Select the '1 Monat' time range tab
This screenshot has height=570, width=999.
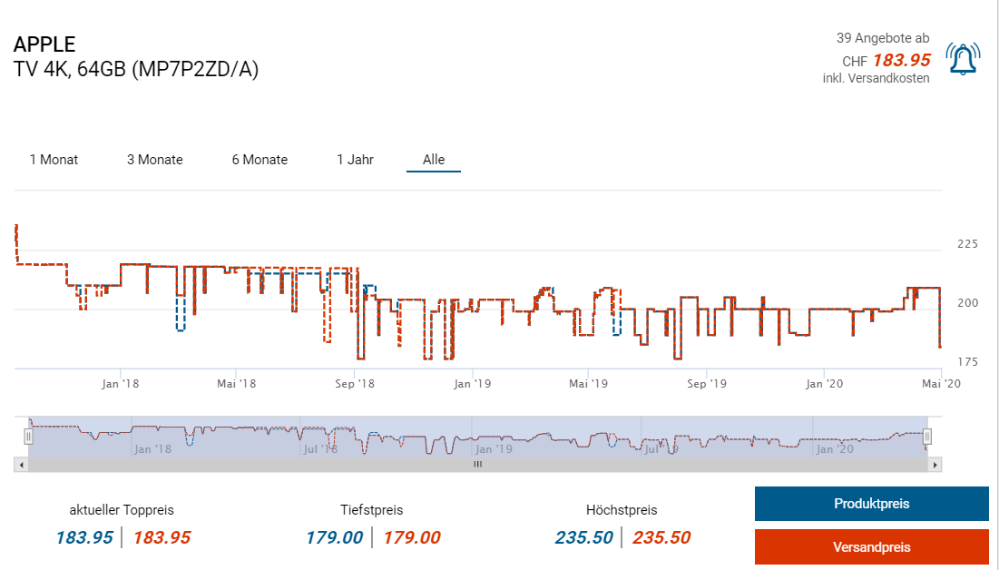point(54,160)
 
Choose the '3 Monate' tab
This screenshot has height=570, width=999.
point(154,160)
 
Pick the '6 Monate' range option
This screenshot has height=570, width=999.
point(260,160)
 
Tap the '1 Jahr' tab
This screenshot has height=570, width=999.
point(355,160)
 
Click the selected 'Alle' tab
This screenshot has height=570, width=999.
point(434,160)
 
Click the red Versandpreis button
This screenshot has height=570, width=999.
point(871,546)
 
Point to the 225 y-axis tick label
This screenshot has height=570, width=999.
point(967,243)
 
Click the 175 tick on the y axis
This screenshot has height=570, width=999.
point(967,362)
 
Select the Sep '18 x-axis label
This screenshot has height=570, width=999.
point(354,384)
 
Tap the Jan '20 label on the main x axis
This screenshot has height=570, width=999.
point(824,384)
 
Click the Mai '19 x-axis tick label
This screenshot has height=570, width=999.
point(588,384)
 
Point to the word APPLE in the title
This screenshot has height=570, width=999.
point(44,44)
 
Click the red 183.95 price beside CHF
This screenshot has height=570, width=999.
point(901,61)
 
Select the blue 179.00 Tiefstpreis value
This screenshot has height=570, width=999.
point(334,537)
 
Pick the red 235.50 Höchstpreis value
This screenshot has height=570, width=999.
point(661,537)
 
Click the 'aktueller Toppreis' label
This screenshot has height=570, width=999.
point(122,510)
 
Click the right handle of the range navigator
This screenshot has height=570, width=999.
point(927,437)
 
